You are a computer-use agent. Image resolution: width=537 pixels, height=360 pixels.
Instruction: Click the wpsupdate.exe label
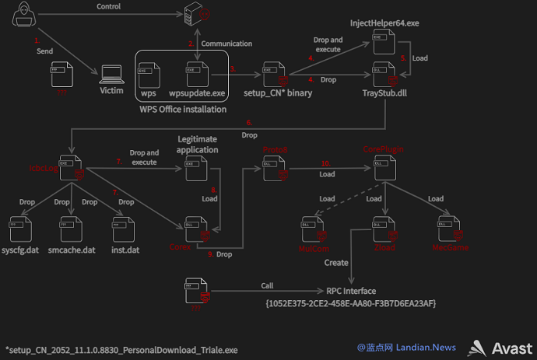click(197, 93)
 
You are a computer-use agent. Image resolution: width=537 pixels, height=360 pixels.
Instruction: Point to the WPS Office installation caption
click(183, 109)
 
